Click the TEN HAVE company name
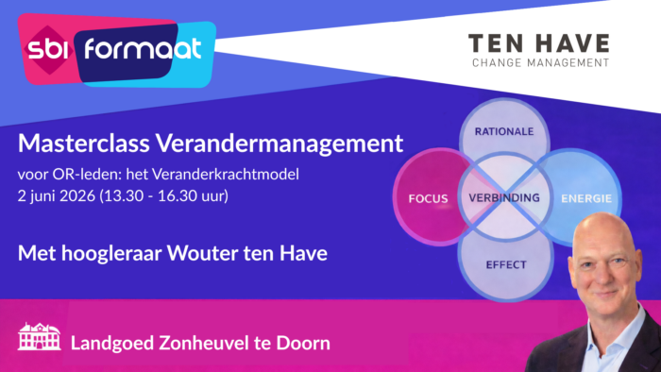[x=538, y=43]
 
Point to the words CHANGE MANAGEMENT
[x=538, y=63]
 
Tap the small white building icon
[x=39, y=338]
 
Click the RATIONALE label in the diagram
[x=504, y=131]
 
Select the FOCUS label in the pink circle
[x=428, y=199]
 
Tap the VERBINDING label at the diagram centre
[x=504, y=198]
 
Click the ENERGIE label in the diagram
[x=586, y=199]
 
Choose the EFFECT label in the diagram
[x=505, y=265]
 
